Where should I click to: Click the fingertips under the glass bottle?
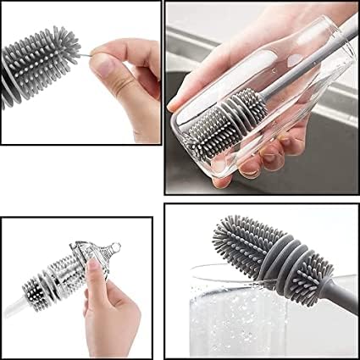254,161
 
